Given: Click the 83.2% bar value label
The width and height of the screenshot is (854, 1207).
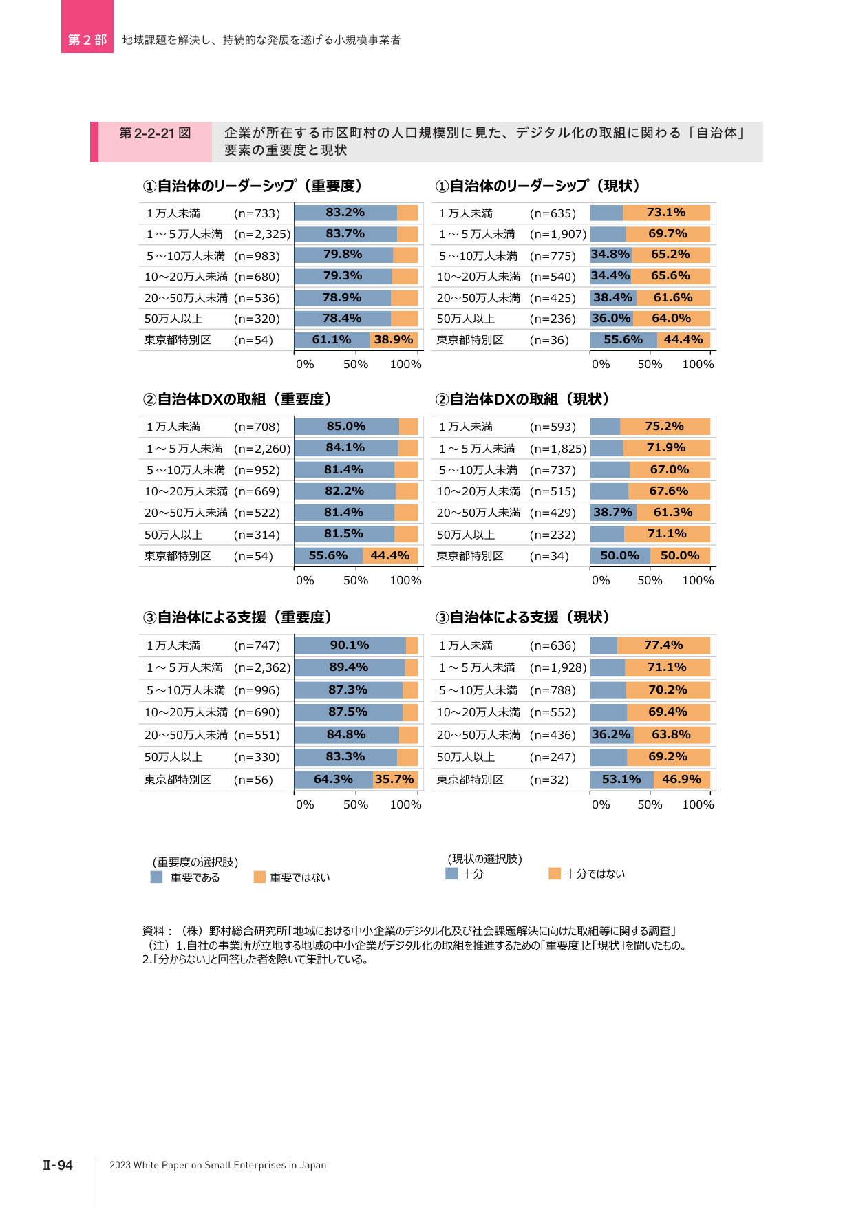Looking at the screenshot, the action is click(x=345, y=213).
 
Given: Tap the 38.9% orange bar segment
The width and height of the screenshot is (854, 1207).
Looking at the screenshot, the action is click(x=394, y=340).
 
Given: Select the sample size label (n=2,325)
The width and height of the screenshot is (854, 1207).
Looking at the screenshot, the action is click(x=262, y=235).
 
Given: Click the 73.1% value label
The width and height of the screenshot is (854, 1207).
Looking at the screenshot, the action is click(x=666, y=213).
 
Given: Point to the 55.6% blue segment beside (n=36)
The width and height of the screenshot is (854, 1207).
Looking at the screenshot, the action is click(x=623, y=340).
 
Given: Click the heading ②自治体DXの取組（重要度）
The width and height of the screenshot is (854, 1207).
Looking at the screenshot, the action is click(x=237, y=399).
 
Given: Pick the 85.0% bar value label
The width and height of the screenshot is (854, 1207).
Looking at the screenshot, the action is click(x=346, y=427).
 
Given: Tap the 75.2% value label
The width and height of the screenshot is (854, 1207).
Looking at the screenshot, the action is click(x=664, y=427).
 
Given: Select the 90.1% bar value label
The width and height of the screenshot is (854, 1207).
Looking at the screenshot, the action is click(x=350, y=645).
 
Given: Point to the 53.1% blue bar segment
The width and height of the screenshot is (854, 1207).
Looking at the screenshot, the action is click(x=622, y=780).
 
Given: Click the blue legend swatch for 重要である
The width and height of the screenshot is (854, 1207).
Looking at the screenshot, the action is click(x=156, y=877).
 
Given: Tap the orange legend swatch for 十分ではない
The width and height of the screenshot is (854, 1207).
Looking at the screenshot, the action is click(x=555, y=873).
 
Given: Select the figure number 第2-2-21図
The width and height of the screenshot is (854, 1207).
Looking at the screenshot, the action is click(x=155, y=133).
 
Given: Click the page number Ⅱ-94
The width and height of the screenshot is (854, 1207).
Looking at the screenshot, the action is click(x=58, y=1165).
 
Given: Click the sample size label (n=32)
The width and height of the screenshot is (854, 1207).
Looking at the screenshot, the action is click(x=549, y=780).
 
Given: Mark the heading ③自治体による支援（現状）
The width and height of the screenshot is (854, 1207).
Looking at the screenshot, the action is click(x=523, y=617).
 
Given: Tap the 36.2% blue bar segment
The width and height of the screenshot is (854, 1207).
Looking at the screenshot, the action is click(x=612, y=735).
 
